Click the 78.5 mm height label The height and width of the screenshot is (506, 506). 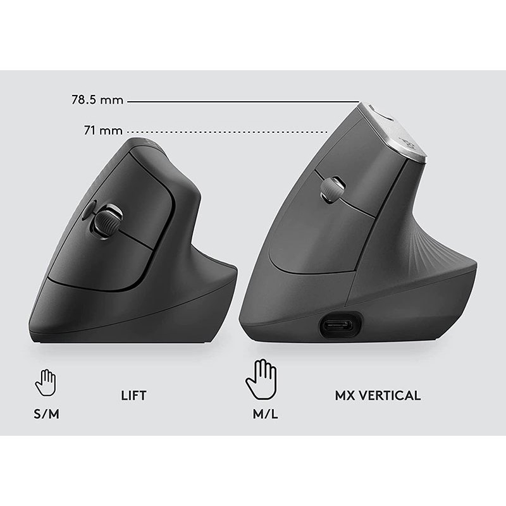(x=97, y=100)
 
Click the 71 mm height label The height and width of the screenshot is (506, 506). (x=103, y=131)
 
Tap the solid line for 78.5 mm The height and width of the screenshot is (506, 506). (x=244, y=102)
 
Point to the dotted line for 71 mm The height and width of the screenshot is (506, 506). (x=228, y=132)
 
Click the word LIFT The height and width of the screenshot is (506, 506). (x=133, y=396)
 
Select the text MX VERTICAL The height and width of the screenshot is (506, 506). (x=378, y=396)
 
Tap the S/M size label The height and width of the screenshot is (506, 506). (x=46, y=414)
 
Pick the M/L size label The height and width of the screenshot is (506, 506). (x=265, y=414)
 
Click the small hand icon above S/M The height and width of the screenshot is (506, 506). (x=46, y=383)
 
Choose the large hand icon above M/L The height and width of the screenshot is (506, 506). (x=261, y=379)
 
